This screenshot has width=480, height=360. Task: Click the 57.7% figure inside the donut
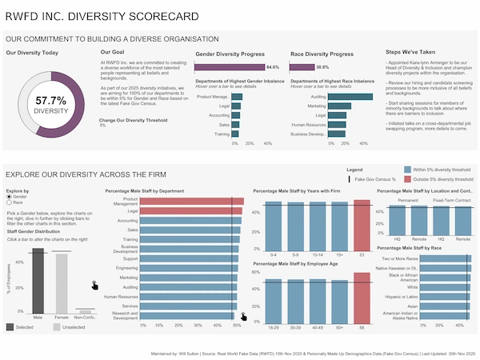pyautogui.click(x=51, y=101)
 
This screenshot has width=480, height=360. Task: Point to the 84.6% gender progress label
pyautogui.click(x=273, y=67)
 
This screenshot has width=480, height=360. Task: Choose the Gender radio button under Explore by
pyautogui.click(x=9, y=197)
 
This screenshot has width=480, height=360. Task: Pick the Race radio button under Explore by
pyautogui.click(x=9, y=203)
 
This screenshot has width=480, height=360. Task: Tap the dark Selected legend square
pyautogui.click(x=10, y=326)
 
